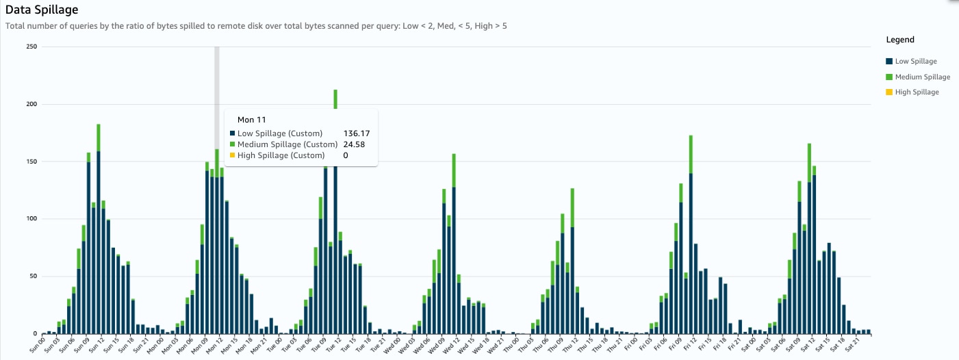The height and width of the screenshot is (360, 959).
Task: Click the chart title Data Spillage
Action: pyautogui.click(x=42, y=10)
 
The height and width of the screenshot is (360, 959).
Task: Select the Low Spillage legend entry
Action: pyautogui.click(x=916, y=62)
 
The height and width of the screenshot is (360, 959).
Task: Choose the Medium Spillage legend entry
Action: pyautogui.click(x=922, y=77)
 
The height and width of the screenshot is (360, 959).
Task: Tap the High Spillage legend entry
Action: pyautogui.click(x=917, y=92)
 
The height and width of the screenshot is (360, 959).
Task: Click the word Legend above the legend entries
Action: pyautogui.click(x=900, y=40)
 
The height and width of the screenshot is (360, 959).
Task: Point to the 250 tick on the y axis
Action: pyautogui.click(x=31, y=47)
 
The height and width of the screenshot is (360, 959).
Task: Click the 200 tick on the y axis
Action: pyautogui.click(x=31, y=104)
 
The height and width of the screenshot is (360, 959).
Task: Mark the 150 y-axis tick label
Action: pyautogui.click(x=31, y=162)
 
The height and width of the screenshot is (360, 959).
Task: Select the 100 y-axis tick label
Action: pyautogui.click(x=31, y=219)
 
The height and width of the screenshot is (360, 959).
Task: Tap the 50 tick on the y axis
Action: pyautogui.click(x=33, y=277)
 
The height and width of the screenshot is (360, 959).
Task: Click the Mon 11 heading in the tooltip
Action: pyautogui.click(x=251, y=120)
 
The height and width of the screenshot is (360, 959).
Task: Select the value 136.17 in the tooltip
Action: pyautogui.click(x=356, y=133)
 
